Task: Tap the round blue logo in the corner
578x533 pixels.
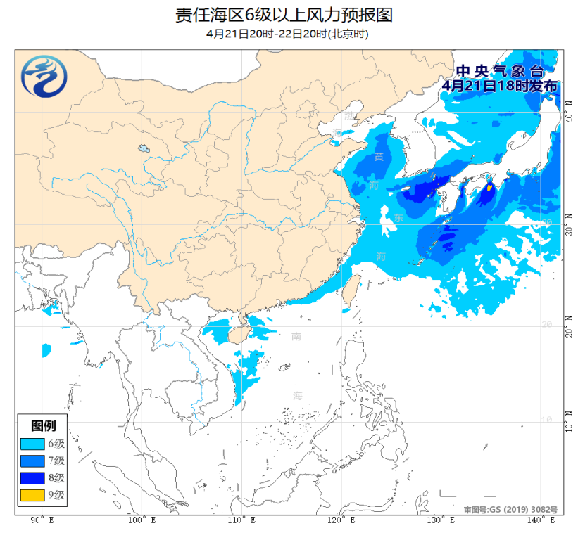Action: click(x=44, y=76)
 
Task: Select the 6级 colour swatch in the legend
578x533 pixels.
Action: click(x=32, y=444)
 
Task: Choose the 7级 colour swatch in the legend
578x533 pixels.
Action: click(x=32, y=461)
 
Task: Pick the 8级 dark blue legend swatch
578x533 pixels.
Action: click(x=32, y=478)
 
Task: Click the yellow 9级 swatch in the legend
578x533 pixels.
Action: click(x=32, y=496)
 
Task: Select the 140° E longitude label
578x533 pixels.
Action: click(x=541, y=520)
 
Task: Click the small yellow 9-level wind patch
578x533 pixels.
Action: click(x=489, y=188)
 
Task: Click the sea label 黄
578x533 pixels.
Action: click(x=379, y=157)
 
